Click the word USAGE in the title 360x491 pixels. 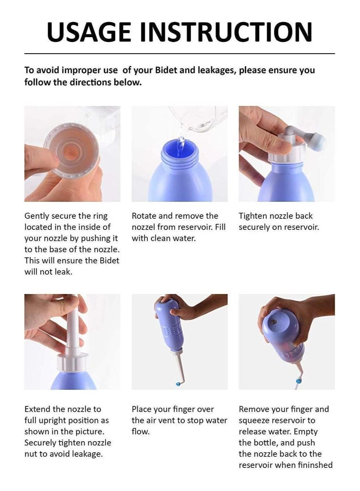tap(89, 32)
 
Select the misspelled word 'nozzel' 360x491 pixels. tap(143, 227)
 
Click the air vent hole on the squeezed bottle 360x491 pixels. tap(273, 322)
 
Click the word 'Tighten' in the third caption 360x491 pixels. tap(253, 216)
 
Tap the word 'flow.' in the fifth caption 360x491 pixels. tap(141, 432)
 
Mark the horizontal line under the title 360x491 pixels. tap(179, 53)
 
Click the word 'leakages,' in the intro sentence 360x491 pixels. tap(217, 70)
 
